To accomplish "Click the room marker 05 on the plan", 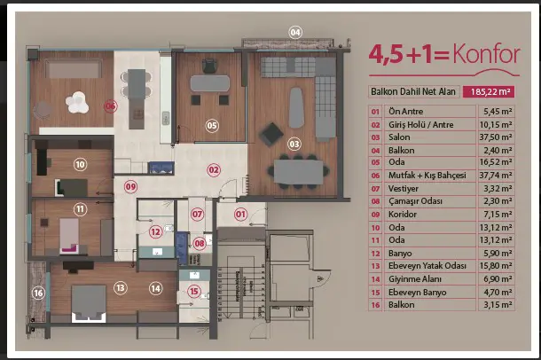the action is [x=212, y=126].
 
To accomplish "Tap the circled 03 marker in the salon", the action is [x=294, y=144].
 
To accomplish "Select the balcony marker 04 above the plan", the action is [x=295, y=33].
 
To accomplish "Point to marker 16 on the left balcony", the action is [x=38, y=293].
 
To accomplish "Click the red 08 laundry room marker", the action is [x=200, y=244].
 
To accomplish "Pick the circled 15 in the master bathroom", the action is [x=194, y=292].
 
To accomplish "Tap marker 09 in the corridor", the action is [x=130, y=187].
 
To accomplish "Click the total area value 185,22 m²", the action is [x=489, y=91].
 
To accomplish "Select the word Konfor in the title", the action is [x=487, y=54].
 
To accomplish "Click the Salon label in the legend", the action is [x=399, y=137].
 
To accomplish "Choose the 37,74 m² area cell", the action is [x=496, y=176].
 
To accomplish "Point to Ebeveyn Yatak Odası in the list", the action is [x=427, y=266].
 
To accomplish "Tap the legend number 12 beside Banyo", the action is [x=375, y=254].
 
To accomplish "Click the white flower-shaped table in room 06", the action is [x=77, y=103].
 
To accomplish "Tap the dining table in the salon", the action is [x=299, y=172].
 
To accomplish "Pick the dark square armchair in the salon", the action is [x=271, y=134].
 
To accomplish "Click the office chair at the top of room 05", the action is [x=210, y=66].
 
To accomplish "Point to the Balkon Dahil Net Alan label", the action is [x=413, y=91].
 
